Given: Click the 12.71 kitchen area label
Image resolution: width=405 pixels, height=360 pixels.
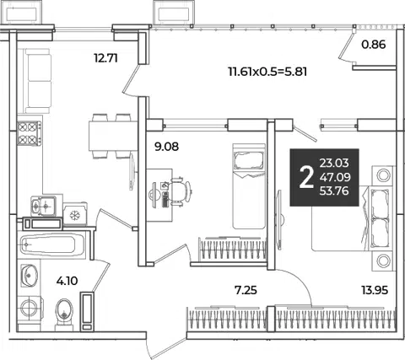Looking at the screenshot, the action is tap(105, 58).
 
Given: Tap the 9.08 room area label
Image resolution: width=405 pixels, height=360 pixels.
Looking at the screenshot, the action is tap(166, 147).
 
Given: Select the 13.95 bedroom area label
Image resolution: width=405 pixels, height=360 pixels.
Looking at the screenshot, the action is tap(375, 290).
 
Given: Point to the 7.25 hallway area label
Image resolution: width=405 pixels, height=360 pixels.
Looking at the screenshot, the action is tap(246, 290).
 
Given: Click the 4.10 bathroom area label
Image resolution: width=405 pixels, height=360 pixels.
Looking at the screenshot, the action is tap(67, 281).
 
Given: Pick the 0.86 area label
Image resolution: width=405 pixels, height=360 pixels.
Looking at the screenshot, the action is tap(374, 45).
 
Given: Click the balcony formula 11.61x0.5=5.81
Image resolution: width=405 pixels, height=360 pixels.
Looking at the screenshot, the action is tap(267, 72).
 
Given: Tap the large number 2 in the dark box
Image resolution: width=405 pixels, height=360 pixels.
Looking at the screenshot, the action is tap(306, 178).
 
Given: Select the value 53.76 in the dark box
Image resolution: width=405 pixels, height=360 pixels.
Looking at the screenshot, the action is tap(334, 191).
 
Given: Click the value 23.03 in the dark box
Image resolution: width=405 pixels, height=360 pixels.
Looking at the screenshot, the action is tap(334, 163).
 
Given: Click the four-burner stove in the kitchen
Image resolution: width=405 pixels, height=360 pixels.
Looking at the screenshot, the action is tap(30, 133).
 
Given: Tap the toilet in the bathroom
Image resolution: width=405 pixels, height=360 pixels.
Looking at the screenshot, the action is tap(64, 314).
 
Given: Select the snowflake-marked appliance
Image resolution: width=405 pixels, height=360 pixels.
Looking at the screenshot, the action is tap(75, 214).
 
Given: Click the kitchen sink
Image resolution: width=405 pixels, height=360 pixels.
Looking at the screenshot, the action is tap(43, 206).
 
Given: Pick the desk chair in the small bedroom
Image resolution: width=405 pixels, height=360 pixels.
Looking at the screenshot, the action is tap(180, 191).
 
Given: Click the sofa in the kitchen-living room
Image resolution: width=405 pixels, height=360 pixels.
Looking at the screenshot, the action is tap(38, 81).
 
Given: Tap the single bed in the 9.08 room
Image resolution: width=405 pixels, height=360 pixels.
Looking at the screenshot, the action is tap(249, 186).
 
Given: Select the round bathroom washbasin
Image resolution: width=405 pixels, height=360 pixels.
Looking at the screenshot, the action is tap(30, 275).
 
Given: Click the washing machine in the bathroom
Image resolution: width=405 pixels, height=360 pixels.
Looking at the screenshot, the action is tap(30, 308).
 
